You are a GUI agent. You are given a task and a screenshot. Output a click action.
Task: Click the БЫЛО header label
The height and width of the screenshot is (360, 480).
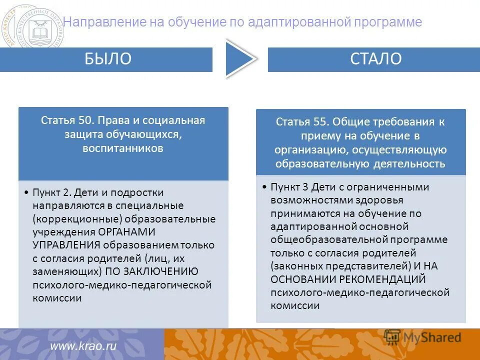coord(107,59)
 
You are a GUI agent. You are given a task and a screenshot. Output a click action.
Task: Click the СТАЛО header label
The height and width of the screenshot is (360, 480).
coord(375,59)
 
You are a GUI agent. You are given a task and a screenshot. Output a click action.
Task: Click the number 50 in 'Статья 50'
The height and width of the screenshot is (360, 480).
coord(84,120)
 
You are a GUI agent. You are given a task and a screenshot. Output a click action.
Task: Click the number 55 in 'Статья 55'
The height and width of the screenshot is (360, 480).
coord(319,122)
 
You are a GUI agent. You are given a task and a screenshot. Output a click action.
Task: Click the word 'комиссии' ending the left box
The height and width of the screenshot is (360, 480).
coord(57,297)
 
